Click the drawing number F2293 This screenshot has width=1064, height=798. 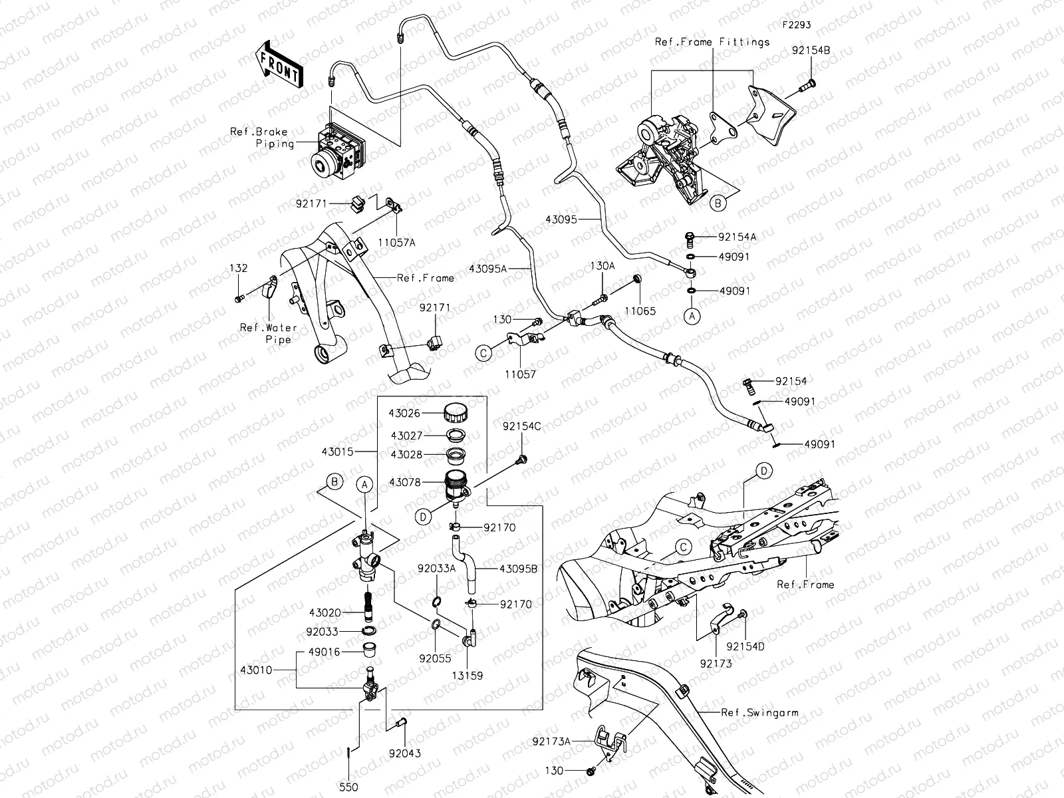(796, 25)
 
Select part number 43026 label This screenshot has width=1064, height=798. (404, 414)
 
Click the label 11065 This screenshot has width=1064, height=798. (639, 311)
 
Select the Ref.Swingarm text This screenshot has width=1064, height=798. (759, 712)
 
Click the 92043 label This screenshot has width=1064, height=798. (405, 753)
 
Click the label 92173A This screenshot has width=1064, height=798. (551, 739)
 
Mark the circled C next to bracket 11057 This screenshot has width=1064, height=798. (484, 353)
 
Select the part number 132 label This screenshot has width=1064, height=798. (239, 268)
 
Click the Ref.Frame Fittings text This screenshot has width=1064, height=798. (712, 42)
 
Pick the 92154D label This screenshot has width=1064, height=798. (745, 646)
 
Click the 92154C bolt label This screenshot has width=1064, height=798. (521, 426)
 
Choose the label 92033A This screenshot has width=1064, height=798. (436, 569)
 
